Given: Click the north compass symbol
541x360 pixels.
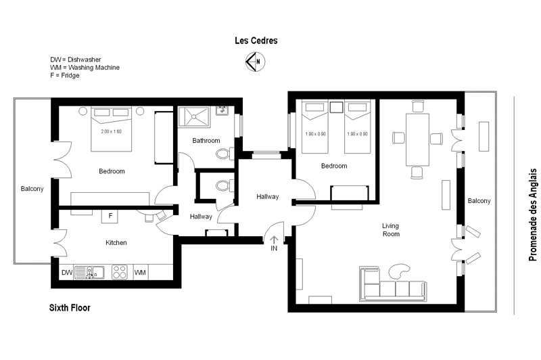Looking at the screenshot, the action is [x=256, y=62].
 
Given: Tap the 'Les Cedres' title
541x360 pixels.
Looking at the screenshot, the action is [x=256, y=41].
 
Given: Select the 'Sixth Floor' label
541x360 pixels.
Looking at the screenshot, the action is [x=70, y=307].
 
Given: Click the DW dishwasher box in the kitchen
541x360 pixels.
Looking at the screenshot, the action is [x=67, y=272].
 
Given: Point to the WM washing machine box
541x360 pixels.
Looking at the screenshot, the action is [x=140, y=272].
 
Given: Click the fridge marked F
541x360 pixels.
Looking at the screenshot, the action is [x=110, y=216].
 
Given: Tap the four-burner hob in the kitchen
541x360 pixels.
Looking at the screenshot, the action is [x=120, y=272].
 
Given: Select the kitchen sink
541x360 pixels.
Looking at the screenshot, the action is [x=90, y=272].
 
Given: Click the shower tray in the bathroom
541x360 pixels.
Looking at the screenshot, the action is [x=193, y=116].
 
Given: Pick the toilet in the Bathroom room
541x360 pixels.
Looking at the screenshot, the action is [x=225, y=153].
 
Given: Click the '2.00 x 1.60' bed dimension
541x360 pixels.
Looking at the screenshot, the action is [x=111, y=131].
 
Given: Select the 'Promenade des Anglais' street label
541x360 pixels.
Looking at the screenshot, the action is [x=533, y=215].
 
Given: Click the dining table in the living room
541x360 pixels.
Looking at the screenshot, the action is [x=417, y=140].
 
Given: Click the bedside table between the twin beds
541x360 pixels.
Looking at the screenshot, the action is [x=336, y=107].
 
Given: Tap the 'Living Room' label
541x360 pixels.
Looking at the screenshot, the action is [x=391, y=230].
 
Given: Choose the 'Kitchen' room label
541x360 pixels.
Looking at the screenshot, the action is [x=116, y=243].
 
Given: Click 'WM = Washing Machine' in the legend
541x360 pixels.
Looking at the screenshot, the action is [x=85, y=68].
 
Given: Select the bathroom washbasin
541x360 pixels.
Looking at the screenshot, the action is [x=222, y=110].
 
